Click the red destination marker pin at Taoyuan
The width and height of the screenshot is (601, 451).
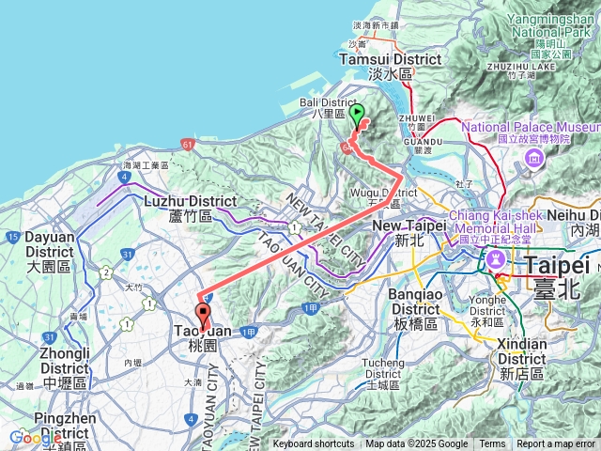coord(203,317)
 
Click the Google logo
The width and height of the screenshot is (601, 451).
coord(34,438)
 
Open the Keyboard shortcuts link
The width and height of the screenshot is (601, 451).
coord(314,444)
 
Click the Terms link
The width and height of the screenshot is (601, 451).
coord(492,444)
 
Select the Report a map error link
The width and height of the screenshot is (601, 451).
coord(556,444)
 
